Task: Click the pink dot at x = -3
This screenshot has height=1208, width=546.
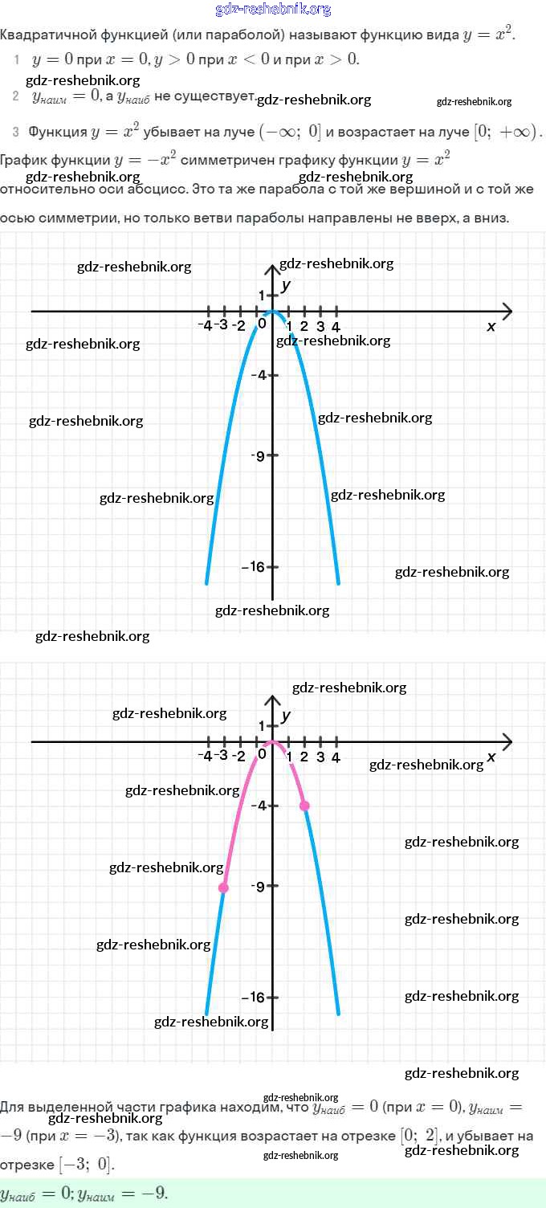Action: (x=223, y=888)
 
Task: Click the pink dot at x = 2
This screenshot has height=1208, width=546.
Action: (x=304, y=806)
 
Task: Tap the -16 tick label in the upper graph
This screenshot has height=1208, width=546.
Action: (x=254, y=567)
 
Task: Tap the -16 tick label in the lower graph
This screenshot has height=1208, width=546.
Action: (x=254, y=998)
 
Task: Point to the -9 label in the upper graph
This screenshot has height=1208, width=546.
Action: (x=258, y=456)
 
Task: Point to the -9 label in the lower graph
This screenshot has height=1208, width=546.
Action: (x=258, y=887)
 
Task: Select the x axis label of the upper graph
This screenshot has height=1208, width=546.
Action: (x=491, y=326)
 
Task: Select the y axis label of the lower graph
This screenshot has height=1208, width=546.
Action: (x=286, y=716)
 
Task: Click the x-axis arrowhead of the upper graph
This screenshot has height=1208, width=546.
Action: (x=506, y=311)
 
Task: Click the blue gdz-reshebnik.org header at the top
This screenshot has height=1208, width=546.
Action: (x=273, y=10)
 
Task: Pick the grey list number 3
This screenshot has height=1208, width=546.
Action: (x=15, y=132)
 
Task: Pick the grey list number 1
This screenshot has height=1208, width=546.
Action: (x=16, y=60)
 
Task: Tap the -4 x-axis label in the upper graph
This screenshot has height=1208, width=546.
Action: (x=205, y=326)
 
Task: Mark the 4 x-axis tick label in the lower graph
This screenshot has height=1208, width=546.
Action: (x=336, y=757)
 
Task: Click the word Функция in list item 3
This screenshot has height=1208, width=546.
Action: (x=57, y=132)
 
